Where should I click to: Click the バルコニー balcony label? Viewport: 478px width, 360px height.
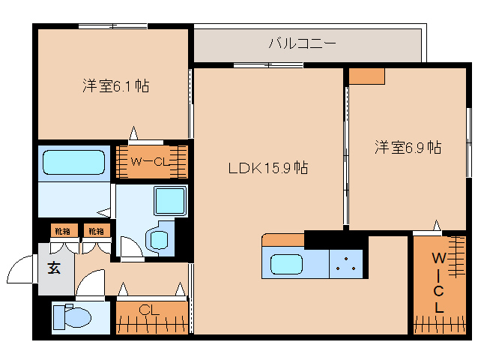pyautogui.click(x=302, y=43)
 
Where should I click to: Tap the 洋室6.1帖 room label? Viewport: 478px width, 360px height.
pyautogui.click(x=115, y=86)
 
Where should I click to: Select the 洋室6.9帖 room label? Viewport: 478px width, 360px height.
pyautogui.click(x=408, y=147)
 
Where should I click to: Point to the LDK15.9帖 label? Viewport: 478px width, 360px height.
pyautogui.click(x=268, y=167)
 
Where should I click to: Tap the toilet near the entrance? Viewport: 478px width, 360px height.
pyautogui.click(x=72, y=318)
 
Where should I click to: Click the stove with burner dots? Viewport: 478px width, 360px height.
pyautogui.click(x=346, y=263)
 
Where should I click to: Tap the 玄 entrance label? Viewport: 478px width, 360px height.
pyautogui.click(x=55, y=268)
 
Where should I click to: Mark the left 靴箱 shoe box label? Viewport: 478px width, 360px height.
pyautogui.click(x=61, y=230)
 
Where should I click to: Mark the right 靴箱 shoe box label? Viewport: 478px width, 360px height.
pyautogui.click(x=95, y=230)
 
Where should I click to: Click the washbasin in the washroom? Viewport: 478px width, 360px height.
pyautogui.click(x=159, y=240)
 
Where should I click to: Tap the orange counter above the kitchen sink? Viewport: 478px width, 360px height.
pyautogui.click(x=282, y=240)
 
